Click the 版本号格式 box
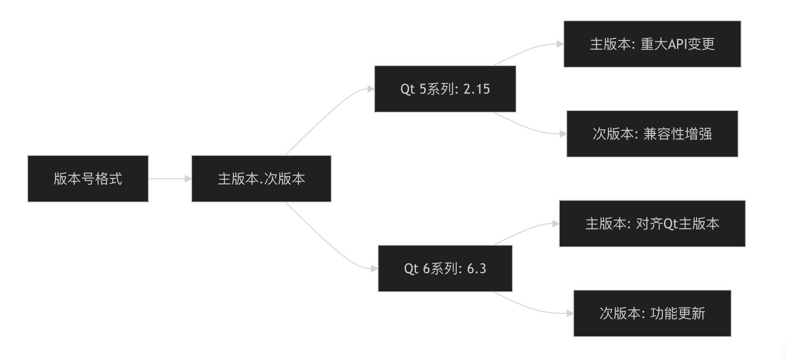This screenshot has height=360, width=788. [x=88, y=179]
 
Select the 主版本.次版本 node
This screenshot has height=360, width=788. [x=261, y=179]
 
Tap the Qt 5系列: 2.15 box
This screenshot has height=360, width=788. [x=445, y=89]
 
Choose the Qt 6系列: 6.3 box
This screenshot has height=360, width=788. [x=445, y=268]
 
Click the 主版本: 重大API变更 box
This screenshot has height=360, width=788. [x=652, y=44]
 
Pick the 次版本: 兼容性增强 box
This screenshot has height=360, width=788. [x=652, y=134]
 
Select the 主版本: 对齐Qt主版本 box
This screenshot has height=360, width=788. [x=652, y=224]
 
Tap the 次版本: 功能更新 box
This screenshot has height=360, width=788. [x=652, y=313]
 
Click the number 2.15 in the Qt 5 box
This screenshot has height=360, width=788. [x=476, y=89]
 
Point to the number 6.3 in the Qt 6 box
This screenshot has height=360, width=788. [x=476, y=268]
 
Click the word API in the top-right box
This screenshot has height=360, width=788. [x=677, y=44]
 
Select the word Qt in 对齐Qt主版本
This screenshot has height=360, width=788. [x=670, y=224]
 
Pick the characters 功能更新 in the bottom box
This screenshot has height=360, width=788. [x=678, y=313]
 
